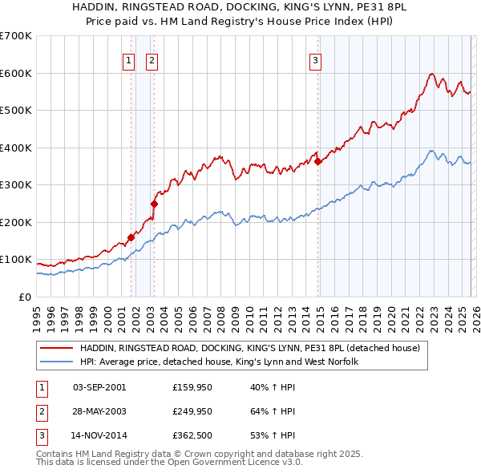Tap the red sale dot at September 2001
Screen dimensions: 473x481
point(131,237)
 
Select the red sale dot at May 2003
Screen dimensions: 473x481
point(155,204)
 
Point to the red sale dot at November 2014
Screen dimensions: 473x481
point(318,161)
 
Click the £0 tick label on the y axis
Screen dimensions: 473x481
point(23,297)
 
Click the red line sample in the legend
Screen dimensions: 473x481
point(56,348)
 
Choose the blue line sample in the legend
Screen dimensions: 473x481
point(56,362)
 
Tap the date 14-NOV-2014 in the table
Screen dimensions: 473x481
point(99,435)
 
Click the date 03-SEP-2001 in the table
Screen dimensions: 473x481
point(99,387)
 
